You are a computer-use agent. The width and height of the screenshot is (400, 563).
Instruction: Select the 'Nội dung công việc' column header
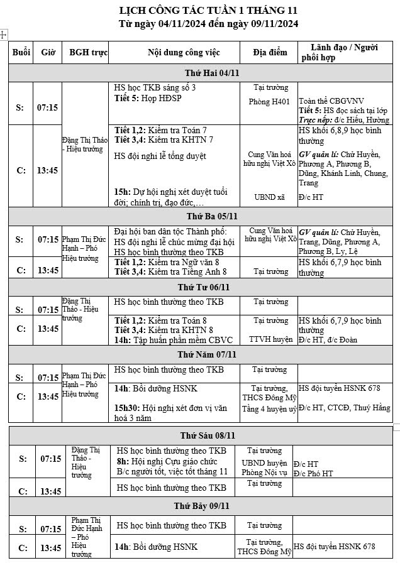[x=174, y=52]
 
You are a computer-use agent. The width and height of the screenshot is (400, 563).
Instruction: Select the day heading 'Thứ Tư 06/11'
[x=204, y=287]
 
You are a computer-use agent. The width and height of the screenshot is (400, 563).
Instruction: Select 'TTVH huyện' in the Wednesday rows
[x=270, y=339]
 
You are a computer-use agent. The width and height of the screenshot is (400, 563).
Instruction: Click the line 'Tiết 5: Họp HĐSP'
[x=148, y=99]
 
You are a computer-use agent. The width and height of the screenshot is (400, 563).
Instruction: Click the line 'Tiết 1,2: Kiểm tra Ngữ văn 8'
[x=167, y=261]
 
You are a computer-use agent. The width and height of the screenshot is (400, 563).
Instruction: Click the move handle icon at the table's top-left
[x=4, y=35]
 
